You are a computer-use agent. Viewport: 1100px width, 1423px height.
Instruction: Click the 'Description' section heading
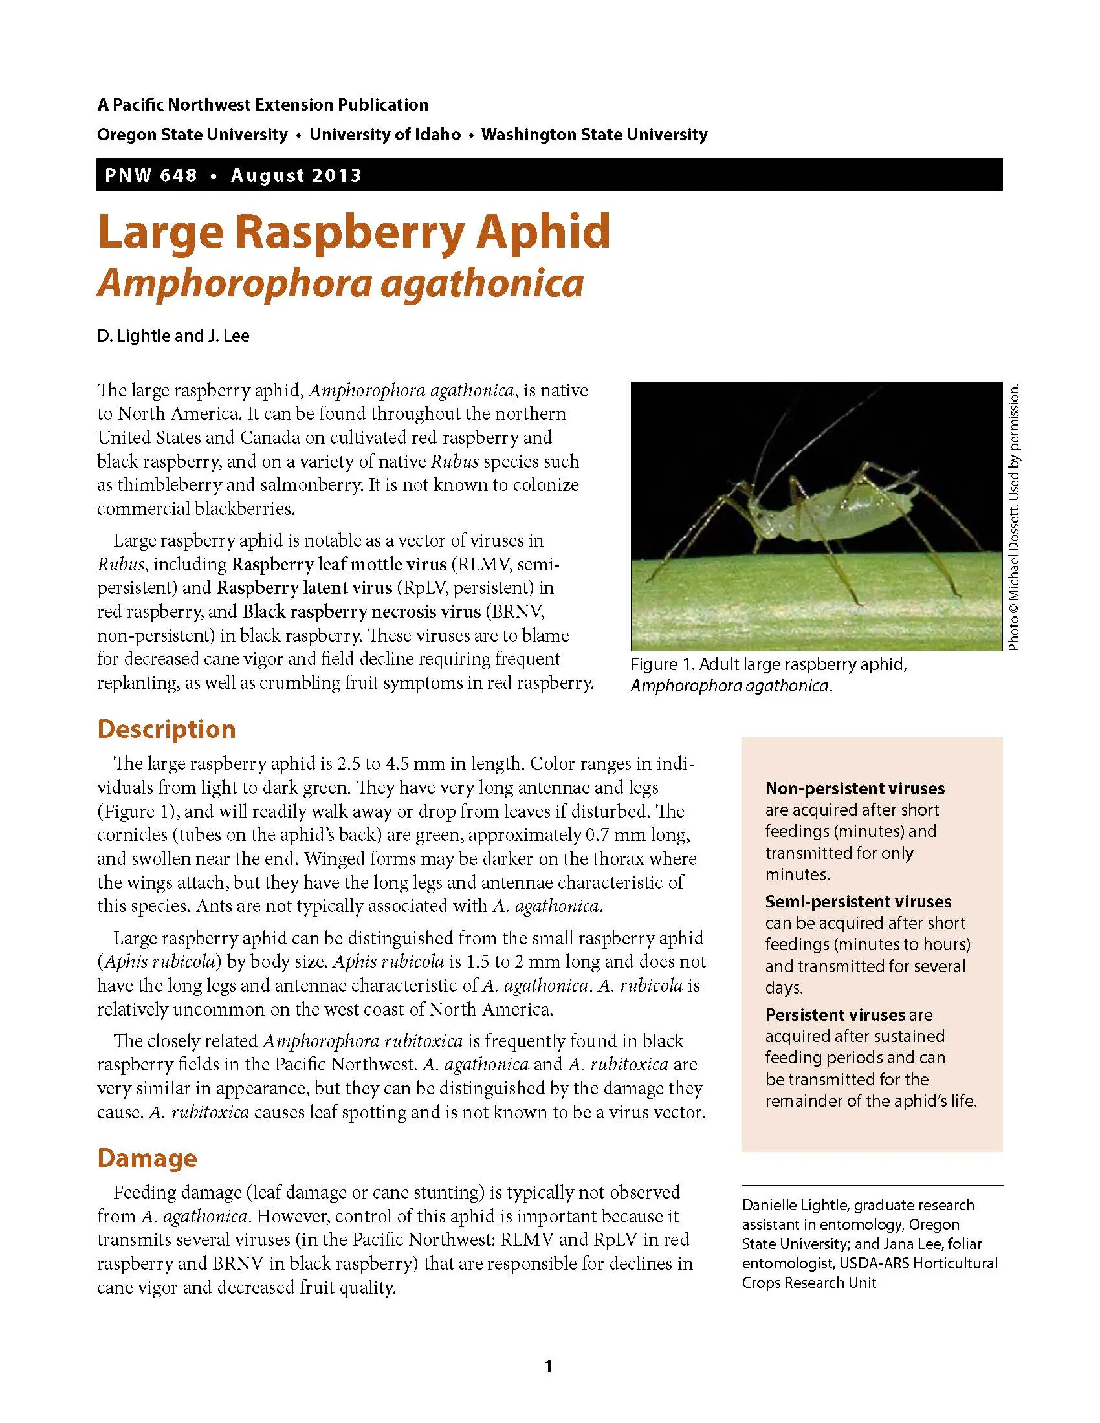point(166,729)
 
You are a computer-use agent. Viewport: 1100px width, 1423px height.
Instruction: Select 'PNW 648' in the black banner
point(151,175)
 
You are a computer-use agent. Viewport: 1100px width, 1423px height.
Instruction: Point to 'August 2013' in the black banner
point(296,175)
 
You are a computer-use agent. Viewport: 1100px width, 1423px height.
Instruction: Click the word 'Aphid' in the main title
point(543,232)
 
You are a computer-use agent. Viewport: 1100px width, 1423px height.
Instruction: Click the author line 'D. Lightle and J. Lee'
point(173,336)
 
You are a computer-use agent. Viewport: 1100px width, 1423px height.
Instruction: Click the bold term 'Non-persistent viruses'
point(855,788)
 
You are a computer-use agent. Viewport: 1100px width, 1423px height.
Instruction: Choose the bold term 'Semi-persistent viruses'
point(857,902)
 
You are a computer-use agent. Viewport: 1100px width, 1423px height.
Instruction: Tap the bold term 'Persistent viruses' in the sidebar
point(835,1014)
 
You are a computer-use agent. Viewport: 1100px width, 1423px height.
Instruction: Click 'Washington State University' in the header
point(594,135)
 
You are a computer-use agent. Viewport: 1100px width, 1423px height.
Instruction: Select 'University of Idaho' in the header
point(384,135)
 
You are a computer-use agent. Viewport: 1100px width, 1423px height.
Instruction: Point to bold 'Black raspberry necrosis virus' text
point(362,612)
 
